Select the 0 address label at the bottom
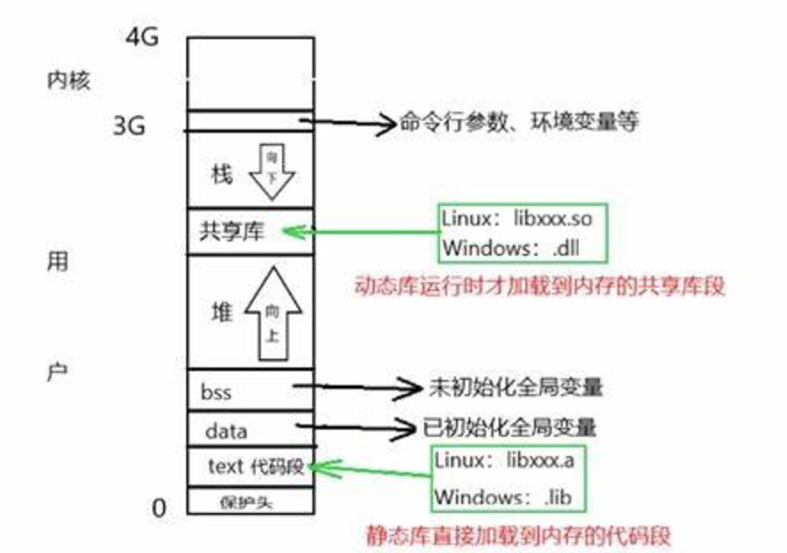tap(159, 508)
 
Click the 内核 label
tap(68, 81)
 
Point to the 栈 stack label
tap(221, 174)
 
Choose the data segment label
tap(225, 432)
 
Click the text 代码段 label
tap(256, 466)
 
